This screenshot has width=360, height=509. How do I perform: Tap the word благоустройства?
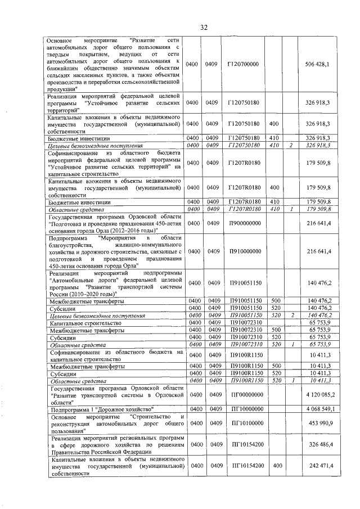click(x=74, y=245)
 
